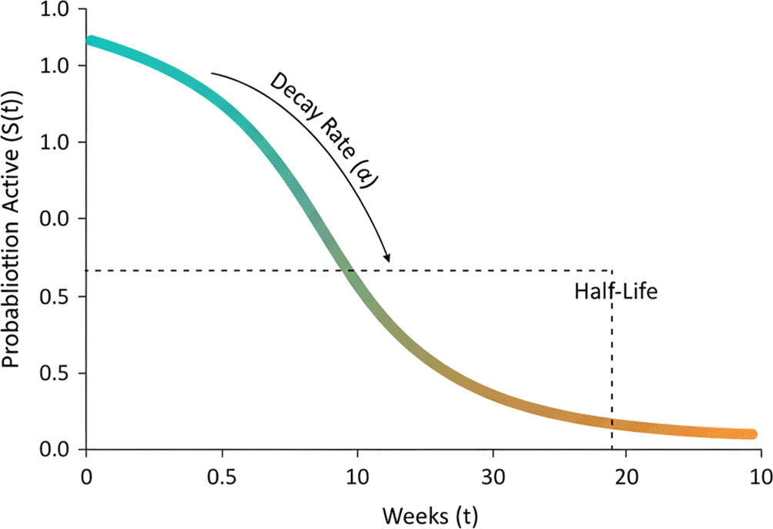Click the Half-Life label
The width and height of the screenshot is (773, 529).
pos(616,293)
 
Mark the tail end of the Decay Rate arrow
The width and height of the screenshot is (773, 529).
pos(212,74)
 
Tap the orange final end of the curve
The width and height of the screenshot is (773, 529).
pos(751,434)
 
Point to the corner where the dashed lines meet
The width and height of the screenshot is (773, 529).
pos(612,270)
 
